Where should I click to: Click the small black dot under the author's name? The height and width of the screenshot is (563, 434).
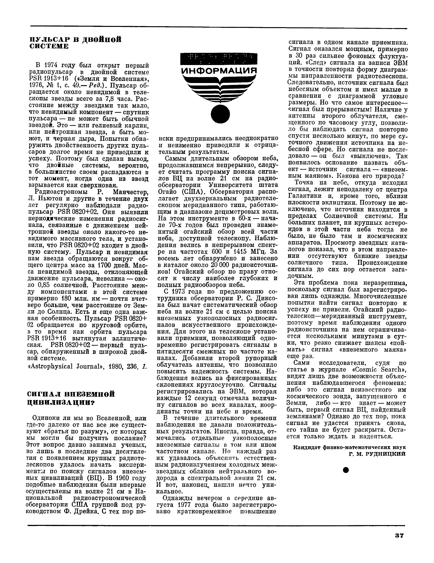point(346,470)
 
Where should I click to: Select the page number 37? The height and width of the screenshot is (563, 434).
point(399,535)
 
